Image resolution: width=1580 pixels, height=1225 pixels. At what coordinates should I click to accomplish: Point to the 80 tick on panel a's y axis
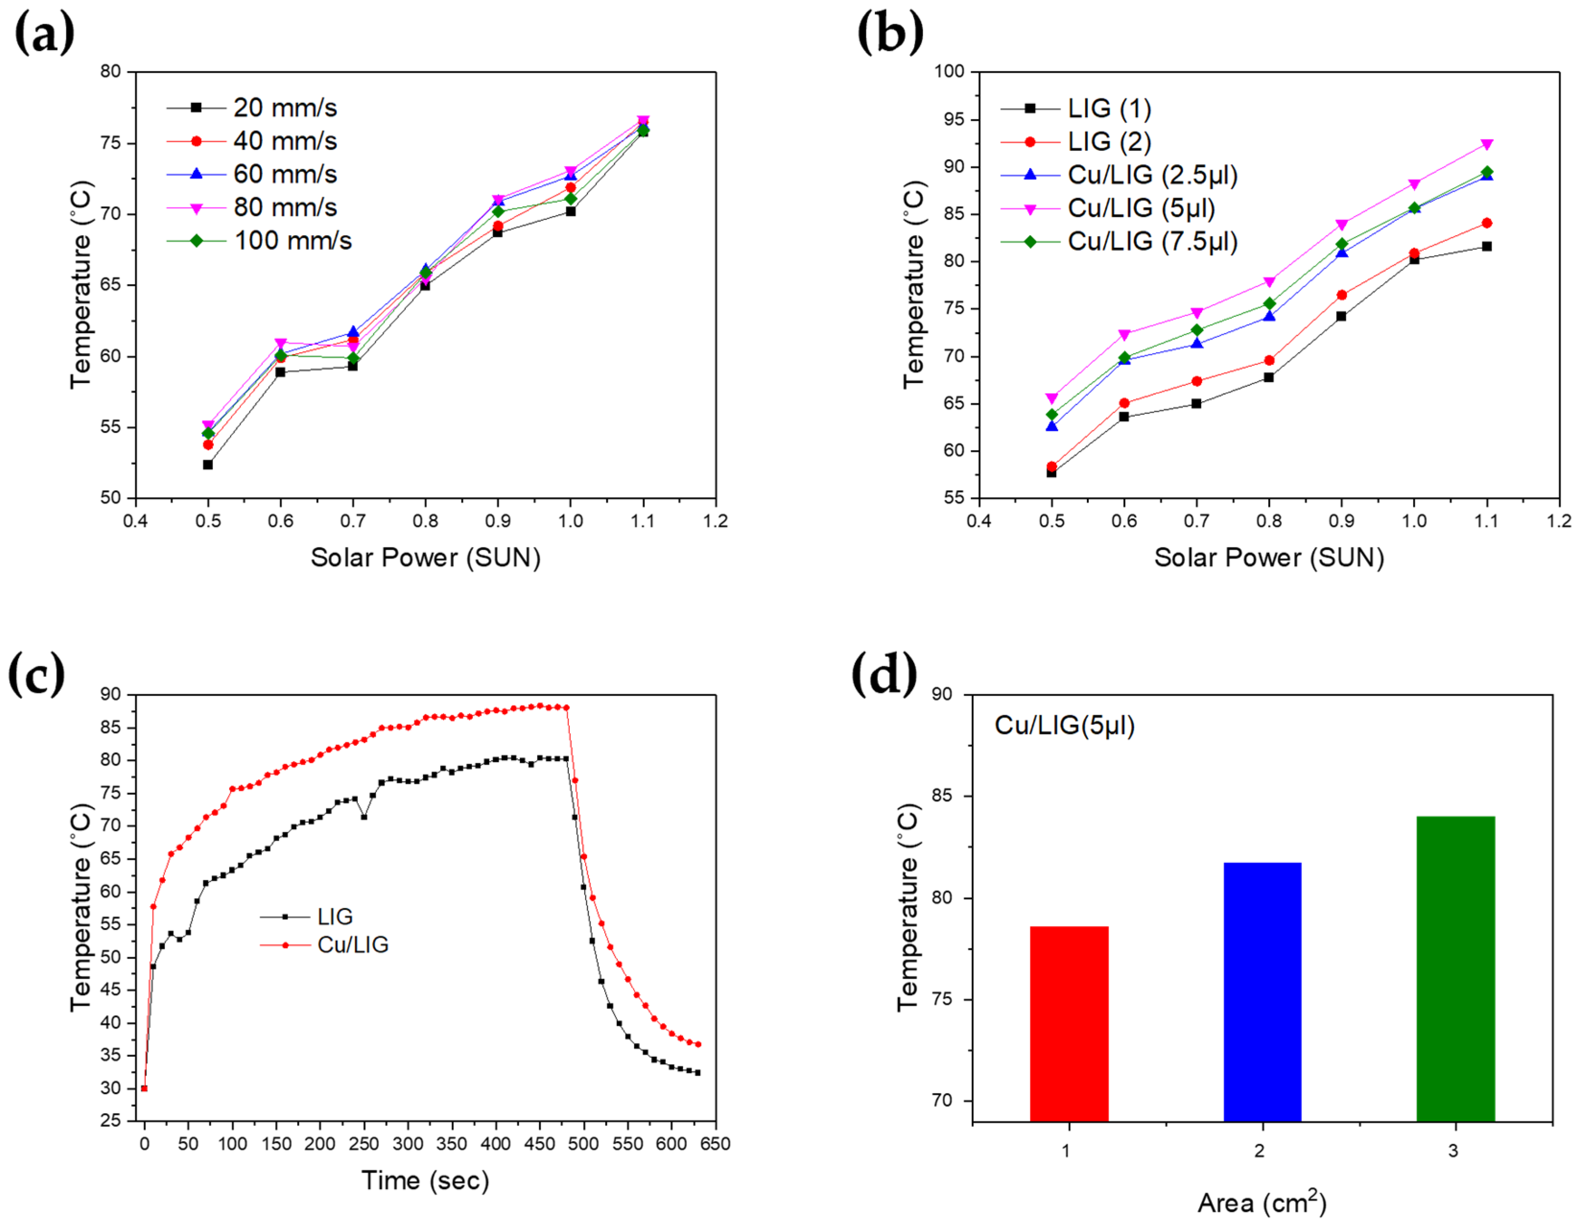[x=111, y=71]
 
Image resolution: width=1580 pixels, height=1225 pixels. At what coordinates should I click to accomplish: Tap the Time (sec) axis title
[x=425, y=1181]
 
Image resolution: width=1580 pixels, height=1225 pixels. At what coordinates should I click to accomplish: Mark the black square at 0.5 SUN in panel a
[x=208, y=464]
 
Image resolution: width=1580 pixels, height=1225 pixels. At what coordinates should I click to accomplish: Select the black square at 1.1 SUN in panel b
[x=1486, y=247]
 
